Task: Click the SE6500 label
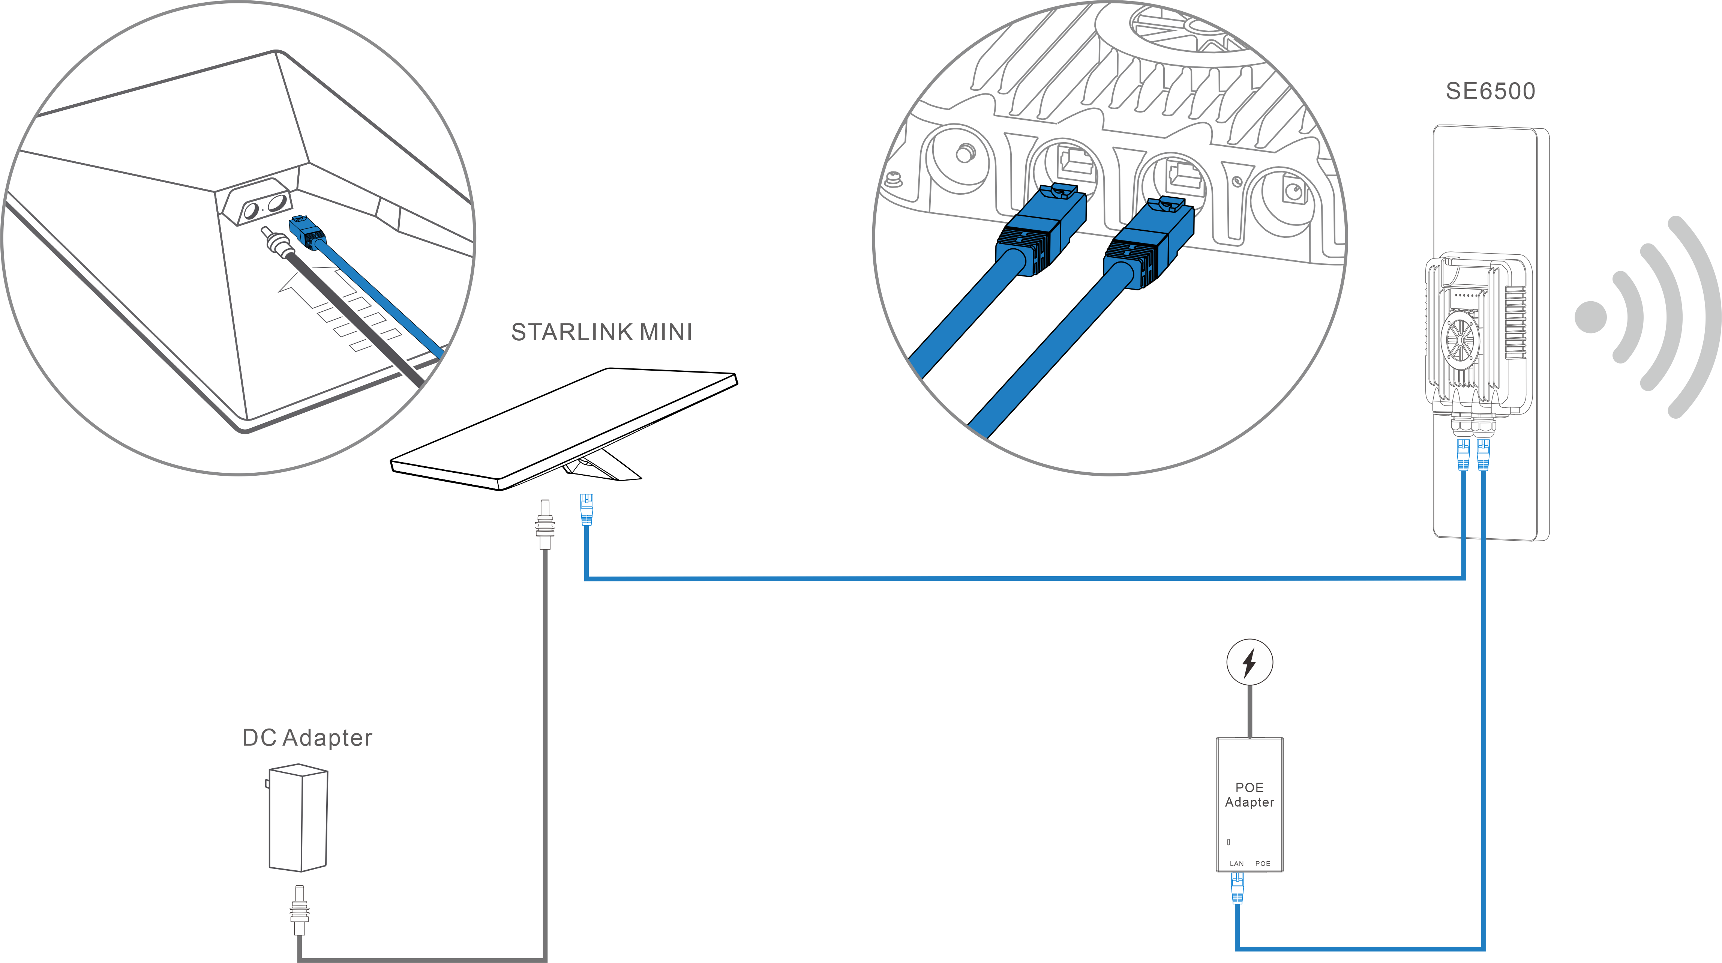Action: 1490,91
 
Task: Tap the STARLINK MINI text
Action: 601,332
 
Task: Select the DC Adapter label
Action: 307,738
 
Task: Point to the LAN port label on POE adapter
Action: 1237,863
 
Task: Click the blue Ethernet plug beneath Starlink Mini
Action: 586,509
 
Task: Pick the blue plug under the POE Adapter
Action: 1237,888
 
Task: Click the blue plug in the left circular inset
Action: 307,233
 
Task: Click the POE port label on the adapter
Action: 1262,863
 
